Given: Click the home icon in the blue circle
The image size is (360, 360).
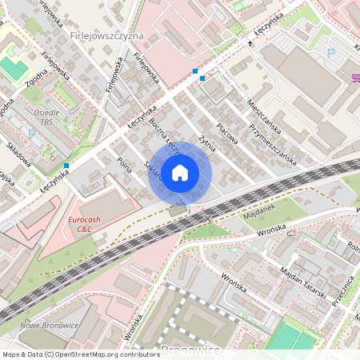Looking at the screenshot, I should (180, 172).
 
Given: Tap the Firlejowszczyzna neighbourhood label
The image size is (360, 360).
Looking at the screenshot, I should (106, 36).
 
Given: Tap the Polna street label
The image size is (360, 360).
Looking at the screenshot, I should (124, 165).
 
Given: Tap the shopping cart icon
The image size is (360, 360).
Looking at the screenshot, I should (354, 78).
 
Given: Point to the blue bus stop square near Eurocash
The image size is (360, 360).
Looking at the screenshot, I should (66, 166).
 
